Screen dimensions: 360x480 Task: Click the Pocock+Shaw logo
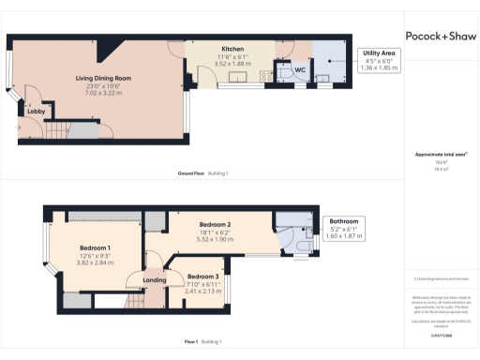[x=440, y=36]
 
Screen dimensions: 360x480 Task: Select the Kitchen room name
[x=232, y=49]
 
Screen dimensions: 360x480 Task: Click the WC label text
[x=300, y=70]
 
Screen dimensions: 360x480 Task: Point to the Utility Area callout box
[x=380, y=61]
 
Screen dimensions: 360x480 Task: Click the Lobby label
[x=36, y=111]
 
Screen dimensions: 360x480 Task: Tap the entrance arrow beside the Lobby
[x=18, y=126]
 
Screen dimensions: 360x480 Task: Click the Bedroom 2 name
[x=216, y=225]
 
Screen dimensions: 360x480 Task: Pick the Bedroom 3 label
[x=202, y=277]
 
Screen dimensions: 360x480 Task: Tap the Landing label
[x=155, y=279]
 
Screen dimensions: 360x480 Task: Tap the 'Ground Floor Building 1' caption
[x=202, y=173]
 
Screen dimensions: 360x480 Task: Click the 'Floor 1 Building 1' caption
[x=202, y=342]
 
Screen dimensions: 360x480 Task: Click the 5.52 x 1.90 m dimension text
[x=216, y=240]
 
